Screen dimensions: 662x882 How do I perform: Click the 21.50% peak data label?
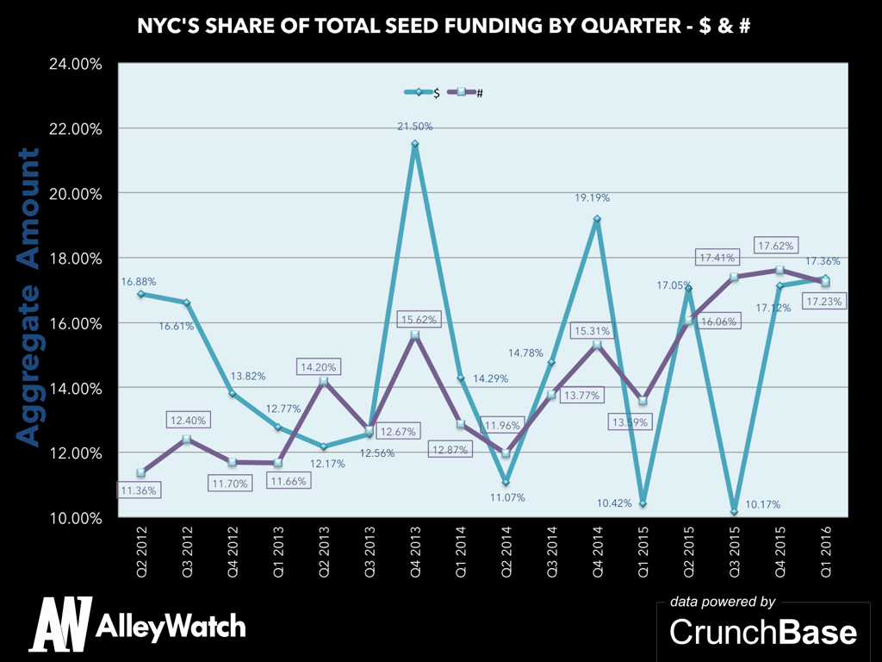point(415,127)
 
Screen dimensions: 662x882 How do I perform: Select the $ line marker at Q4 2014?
point(597,219)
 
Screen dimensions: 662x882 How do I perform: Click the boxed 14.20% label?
point(320,365)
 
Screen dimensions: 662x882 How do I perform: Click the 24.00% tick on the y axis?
point(75,64)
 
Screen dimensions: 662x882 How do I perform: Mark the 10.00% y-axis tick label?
point(75,518)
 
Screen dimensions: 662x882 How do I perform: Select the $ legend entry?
point(422,92)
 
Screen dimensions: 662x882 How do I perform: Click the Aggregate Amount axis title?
point(29,297)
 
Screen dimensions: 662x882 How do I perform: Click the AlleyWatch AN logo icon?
point(60,624)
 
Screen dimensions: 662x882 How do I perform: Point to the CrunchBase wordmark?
point(763,632)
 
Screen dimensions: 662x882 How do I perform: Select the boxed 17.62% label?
point(776,244)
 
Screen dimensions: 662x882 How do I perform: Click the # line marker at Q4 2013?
point(415,334)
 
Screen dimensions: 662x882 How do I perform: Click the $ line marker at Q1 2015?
point(643,503)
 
